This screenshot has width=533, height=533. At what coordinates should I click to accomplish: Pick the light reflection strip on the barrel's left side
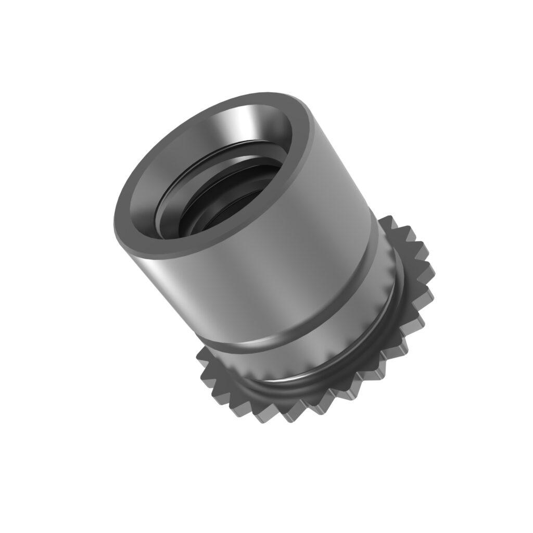point(172,271)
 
